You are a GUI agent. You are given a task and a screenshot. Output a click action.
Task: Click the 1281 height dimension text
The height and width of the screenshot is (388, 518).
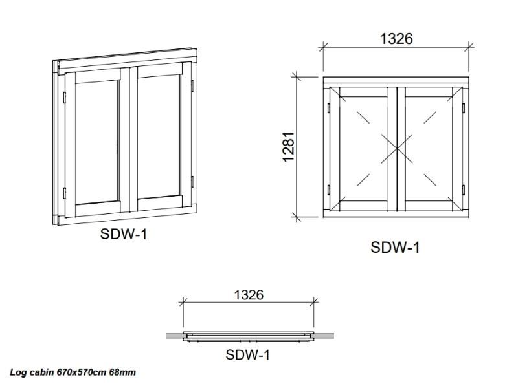pyautogui.click(x=288, y=147)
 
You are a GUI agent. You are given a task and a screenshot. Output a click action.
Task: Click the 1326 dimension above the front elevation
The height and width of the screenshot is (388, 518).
pyautogui.click(x=396, y=39)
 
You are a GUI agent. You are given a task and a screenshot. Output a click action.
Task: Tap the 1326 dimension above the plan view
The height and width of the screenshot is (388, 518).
pyautogui.click(x=249, y=295)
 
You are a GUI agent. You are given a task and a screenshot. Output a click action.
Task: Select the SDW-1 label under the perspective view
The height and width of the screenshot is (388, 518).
pyautogui.click(x=124, y=234)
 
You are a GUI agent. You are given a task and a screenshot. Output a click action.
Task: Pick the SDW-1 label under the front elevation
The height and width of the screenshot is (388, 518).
pyautogui.click(x=395, y=248)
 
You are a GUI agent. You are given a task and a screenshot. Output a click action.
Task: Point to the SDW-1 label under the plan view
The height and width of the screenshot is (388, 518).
pyautogui.click(x=248, y=355)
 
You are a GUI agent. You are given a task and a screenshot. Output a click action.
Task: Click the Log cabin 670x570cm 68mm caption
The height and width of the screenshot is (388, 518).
pyautogui.click(x=73, y=372)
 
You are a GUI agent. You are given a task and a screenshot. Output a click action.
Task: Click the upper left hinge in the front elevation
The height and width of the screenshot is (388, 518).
pyautogui.click(x=329, y=107)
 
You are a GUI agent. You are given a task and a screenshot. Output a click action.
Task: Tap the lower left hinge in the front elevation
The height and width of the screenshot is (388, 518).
pyautogui.click(x=329, y=189)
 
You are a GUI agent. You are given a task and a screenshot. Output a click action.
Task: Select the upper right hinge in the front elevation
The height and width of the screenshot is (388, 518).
pyautogui.click(x=463, y=107)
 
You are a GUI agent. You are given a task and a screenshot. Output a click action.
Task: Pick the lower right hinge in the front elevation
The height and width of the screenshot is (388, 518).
pyautogui.click(x=463, y=189)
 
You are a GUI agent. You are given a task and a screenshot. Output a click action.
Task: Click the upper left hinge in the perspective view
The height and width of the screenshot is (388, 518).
pyautogui.click(x=64, y=98)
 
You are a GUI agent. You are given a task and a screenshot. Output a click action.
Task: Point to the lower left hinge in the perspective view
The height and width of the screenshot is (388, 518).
pyautogui.click(x=64, y=193)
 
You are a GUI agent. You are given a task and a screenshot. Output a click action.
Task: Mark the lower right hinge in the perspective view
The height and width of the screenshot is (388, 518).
pyautogui.click(x=192, y=182)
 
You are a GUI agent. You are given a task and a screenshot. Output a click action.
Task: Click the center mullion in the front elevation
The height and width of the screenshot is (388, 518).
pyautogui.click(x=396, y=149)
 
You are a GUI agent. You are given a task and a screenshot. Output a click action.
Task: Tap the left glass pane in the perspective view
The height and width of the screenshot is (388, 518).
pyautogui.click(x=96, y=142)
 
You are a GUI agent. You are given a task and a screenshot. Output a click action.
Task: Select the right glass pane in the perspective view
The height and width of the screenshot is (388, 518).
pyautogui.click(x=159, y=137)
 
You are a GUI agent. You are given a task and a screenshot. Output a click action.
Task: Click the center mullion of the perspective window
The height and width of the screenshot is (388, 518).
pyautogui.click(x=129, y=140)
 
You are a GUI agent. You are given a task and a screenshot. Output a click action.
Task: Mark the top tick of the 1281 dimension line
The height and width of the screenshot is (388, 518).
pyautogui.click(x=297, y=77)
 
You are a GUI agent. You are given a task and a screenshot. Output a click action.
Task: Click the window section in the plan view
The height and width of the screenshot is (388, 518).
pyautogui.click(x=249, y=336)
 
